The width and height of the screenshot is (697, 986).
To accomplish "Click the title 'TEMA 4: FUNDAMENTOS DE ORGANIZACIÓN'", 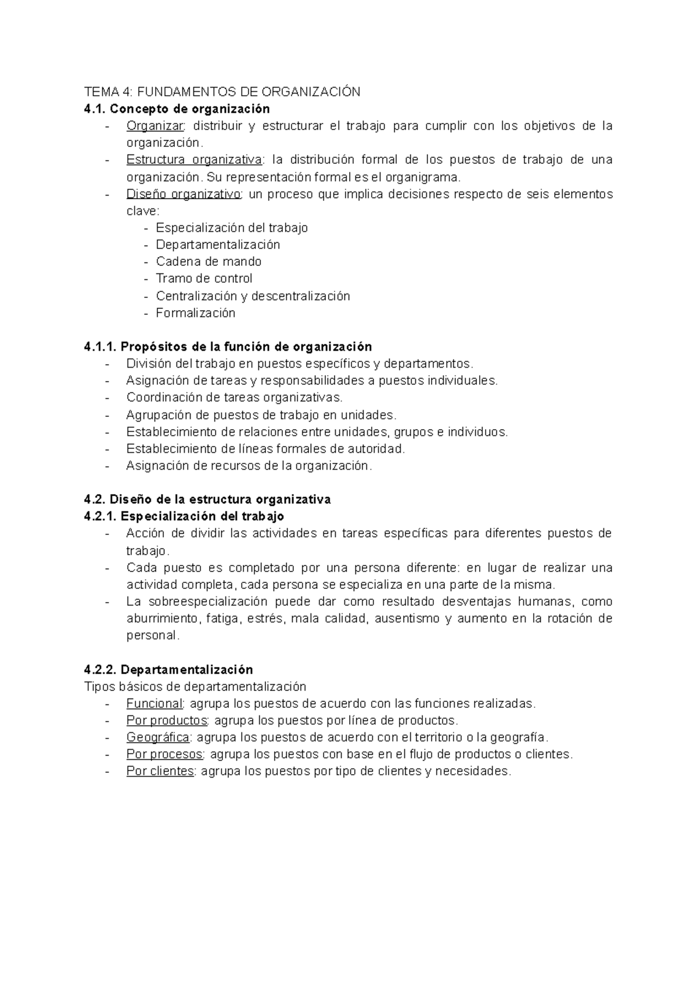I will tap(222, 92).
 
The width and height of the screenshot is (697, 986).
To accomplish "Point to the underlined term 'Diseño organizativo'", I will tap(184, 194).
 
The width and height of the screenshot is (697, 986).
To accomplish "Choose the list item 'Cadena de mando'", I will tap(209, 261).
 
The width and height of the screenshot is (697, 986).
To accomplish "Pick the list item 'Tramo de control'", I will tap(204, 278).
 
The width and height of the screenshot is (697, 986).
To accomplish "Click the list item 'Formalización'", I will tap(195, 313).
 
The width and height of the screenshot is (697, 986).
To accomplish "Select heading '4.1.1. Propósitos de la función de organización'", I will tap(228, 347).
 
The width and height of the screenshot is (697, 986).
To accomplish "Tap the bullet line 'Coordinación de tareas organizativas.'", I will tap(234, 398).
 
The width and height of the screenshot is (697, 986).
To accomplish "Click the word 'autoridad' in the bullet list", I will tap(374, 449).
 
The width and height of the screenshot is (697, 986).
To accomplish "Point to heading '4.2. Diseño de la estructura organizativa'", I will tap(207, 499).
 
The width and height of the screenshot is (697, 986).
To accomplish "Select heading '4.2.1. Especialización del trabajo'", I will tap(184, 516).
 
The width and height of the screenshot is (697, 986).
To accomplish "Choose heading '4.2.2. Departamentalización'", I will tap(168, 670).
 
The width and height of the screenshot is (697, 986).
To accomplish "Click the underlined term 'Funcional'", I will tap(154, 704).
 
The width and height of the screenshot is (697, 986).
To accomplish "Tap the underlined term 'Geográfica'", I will tap(157, 737).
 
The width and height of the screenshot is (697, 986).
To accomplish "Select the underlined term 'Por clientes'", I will tap(160, 772).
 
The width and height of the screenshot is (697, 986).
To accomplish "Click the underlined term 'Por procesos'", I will tap(164, 754).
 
